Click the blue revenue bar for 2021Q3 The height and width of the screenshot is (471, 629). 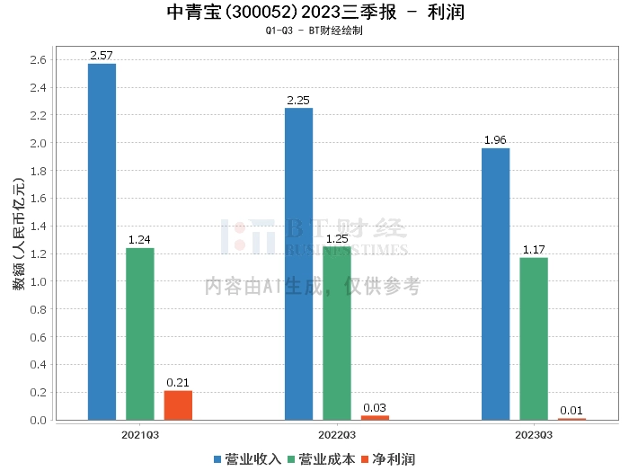pyautogui.click(x=102, y=242)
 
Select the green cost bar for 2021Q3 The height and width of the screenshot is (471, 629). pyautogui.click(x=139, y=333)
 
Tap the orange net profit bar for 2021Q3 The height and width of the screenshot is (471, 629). pyautogui.click(x=178, y=405)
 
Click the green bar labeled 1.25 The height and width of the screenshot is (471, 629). pyautogui.click(x=337, y=333)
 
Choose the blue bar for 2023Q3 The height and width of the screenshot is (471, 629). pyautogui.click(x=495, y=284)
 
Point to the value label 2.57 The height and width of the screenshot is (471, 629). pyautogui.click(x=102, y=56)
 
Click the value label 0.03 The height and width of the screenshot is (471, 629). pyautogui.click(x=375, y=408)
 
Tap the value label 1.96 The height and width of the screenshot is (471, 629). pyautogui.click(x=495, y=140)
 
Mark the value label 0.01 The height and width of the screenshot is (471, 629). pyautogui.click(x=571, y=411)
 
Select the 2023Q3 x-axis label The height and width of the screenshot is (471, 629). pyautogui.click(x=534, y=434)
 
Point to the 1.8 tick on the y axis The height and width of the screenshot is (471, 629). pyautogui.click(x=39, y=171)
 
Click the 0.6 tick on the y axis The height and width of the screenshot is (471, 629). pyautogui.click(x=39, y=337)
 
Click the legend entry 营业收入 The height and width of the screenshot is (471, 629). pyautogui.click(x=247, y=458)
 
